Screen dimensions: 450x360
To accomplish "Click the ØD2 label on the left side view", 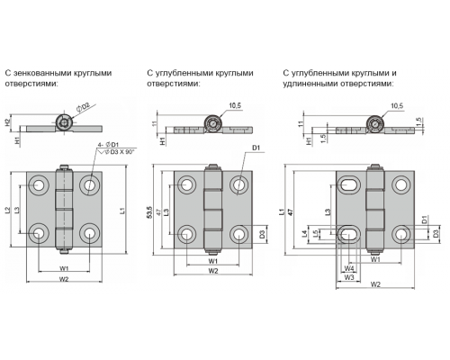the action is click(84, 107).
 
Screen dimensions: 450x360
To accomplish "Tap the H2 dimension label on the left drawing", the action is click(8, 122).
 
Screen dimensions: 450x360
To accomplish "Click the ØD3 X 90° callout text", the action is click(119, 152).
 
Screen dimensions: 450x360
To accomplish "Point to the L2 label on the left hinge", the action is click(8, 211).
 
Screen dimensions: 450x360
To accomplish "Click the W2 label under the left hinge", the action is click(64, 279).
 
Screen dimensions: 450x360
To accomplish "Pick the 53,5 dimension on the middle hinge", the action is click(150, 212).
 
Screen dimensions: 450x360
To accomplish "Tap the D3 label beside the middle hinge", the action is click(262, 234).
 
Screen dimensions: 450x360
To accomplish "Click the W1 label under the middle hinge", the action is click(213, 261).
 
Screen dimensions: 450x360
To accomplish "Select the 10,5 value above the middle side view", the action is click(235, 105).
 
